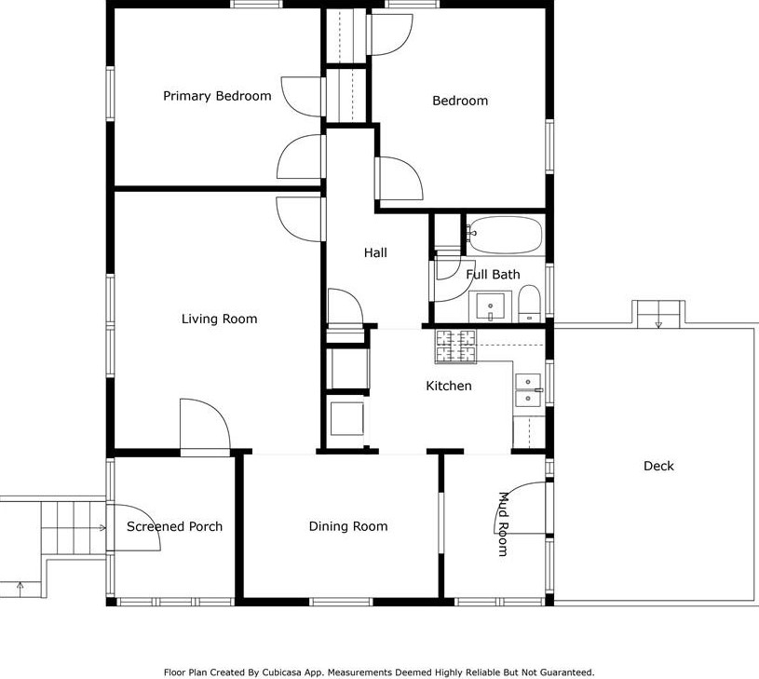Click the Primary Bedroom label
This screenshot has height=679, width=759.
point(217,96)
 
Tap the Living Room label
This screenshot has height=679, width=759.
point(219,319)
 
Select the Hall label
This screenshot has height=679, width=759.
point(375,252)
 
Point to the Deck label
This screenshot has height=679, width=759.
point(658,466)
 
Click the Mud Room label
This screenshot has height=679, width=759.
point(504,523)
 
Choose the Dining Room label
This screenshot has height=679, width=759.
point(348,526)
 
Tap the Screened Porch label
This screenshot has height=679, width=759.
point(174,526)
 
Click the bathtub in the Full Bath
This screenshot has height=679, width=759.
point(505,235)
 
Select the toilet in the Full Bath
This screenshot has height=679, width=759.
point(529,304)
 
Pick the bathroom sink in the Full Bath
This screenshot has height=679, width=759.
point(491,306)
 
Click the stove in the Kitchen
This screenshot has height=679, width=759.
point(455,346)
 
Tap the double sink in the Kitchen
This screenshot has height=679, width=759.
point(528,390)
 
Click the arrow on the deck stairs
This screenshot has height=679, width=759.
point(658,324)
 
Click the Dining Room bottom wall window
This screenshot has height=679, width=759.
point(341,602)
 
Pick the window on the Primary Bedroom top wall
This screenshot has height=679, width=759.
point(256,4)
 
